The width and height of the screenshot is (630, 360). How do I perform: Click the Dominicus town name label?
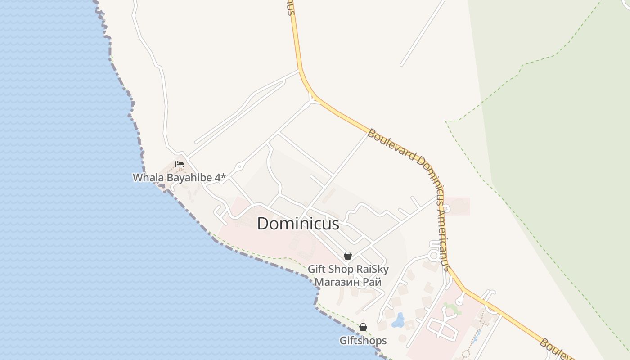click(x=298, y=224)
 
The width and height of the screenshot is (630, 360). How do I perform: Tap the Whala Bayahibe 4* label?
click(x=179, y=178)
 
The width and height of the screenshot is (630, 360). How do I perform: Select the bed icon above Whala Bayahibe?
click(x=180, y=164)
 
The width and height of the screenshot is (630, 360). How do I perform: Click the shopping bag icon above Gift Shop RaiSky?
click(x=348, y=256)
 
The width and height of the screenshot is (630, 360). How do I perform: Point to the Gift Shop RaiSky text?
click(x=348, y=269)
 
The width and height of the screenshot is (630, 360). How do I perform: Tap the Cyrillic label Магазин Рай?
click(x=348, y=282)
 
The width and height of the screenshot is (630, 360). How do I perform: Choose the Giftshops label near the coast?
click(x=363, y=341)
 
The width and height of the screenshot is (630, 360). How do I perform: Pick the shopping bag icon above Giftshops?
click(x=363, y=327)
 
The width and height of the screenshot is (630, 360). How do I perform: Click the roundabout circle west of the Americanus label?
click(x=434, y=256)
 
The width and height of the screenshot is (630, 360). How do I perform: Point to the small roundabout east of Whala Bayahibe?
click(x=239, y=167)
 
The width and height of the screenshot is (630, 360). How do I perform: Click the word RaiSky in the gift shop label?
click(x=372, y=269)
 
